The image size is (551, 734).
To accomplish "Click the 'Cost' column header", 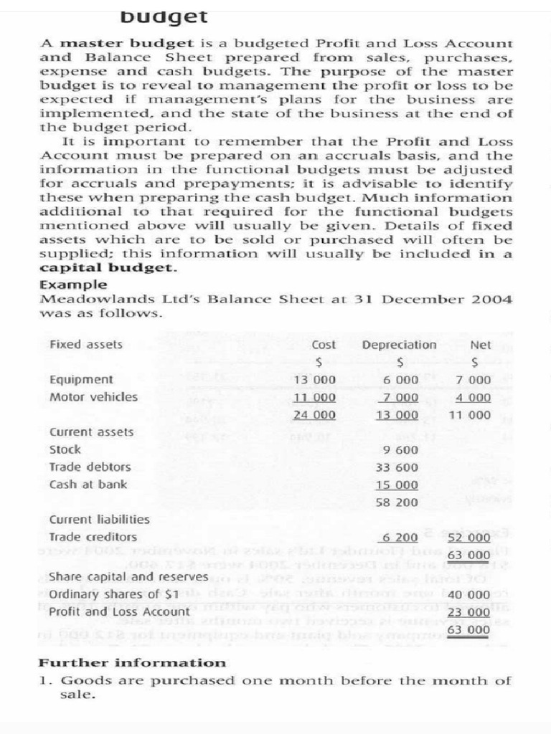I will coord(324,345).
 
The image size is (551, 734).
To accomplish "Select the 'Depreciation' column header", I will coord(399,345).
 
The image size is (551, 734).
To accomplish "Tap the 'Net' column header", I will coord(481,345).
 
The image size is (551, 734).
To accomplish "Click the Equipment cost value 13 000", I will coord(315,380).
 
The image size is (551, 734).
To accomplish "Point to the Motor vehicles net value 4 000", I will coord(474,397).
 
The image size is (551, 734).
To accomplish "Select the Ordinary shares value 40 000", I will coord(469,595).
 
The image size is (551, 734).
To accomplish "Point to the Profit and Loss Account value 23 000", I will coord(469,612).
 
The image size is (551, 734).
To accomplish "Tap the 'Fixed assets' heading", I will coord(85,345).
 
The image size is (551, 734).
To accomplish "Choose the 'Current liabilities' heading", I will coord(99,520).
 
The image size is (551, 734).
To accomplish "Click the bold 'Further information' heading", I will coord(132,663).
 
